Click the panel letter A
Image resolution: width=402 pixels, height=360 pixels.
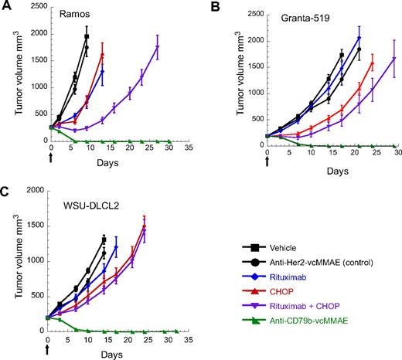(6, 6)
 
